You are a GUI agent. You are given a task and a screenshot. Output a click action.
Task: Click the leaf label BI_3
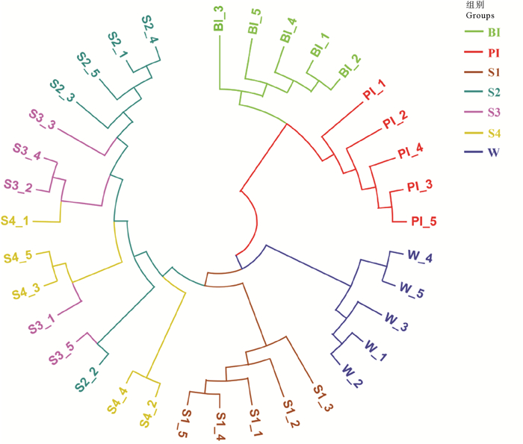tap(219, 19)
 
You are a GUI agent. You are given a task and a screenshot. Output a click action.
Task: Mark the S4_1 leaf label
tap(17, 221)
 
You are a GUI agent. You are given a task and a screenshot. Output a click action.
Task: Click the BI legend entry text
tap(494, 33)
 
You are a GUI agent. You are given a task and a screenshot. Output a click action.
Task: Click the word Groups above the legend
tap(480, 15)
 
